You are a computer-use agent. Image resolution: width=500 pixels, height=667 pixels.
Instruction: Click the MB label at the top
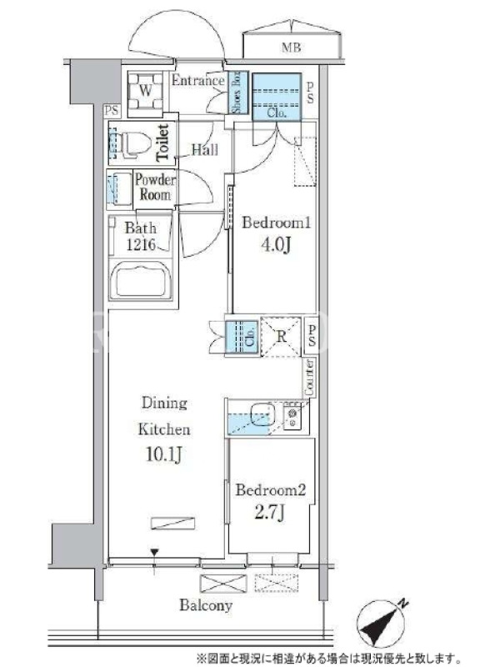click(x=291, y=48)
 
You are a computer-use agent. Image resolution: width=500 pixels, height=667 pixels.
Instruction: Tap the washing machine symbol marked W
click(x=145, y=91)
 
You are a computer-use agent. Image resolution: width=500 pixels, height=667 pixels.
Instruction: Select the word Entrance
click(x=197, y=80)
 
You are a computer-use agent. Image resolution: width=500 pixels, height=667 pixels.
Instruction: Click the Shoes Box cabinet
click(x=235, y=93)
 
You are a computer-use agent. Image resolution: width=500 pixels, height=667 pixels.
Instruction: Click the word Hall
click(x=204, y=150)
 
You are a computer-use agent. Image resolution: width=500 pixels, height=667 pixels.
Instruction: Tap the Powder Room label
click(x=155, y=187)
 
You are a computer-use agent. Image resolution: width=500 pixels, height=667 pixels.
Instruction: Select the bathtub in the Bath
click(x=140, y=279)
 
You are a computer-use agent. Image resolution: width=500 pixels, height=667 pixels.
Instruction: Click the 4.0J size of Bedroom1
click(x=276, y=244)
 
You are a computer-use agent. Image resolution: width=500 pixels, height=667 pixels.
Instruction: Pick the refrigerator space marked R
click(x=281, y=337)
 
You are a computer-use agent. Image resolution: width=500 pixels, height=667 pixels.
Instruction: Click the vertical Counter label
click(x=309, y=376)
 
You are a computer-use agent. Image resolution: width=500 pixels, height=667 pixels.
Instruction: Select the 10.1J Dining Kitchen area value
click(x=163, y=454)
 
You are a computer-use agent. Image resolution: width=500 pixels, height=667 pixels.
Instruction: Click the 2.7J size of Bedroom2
click(x=269, y=513)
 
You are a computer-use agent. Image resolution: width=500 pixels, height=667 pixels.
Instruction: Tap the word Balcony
click(x=206, y=605)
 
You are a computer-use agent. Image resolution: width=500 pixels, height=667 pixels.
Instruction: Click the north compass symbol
click(x=380, y=622)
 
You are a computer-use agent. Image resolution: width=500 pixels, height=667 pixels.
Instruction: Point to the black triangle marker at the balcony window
click(x=154, y=553)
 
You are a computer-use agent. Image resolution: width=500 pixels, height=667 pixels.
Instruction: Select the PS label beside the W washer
click(x=112, y=111)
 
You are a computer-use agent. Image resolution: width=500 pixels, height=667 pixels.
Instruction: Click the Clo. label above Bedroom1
click(x=277, y=113)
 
